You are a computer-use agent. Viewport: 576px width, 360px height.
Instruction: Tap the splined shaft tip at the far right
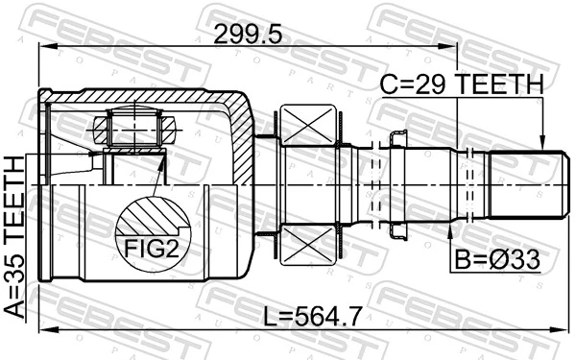523,182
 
